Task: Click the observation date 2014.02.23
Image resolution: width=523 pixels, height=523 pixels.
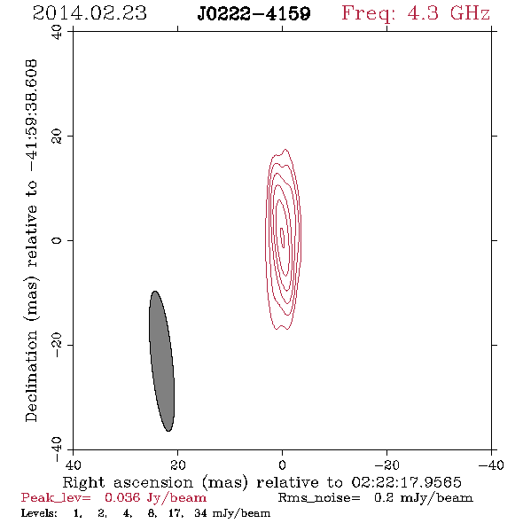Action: coord(90,13)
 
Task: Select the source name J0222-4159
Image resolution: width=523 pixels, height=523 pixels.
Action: coord(254,13)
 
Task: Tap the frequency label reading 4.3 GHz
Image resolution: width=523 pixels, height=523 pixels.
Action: coord(449,13)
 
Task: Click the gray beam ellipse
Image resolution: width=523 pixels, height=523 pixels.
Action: coord(161,361)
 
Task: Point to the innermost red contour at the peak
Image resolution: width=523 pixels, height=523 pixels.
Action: coord(283,238)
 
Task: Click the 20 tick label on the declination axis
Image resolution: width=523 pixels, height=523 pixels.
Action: coord(57,137)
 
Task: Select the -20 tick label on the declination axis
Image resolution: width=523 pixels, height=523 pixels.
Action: coord(57,345)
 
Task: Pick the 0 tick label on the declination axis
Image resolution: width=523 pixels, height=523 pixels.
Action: coord(57,240)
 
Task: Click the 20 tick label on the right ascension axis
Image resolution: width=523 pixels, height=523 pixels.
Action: coord(178,464)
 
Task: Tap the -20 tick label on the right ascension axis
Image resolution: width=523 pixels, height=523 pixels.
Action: coord(386,464)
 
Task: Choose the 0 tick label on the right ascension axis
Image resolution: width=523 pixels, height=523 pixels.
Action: coord(283,464)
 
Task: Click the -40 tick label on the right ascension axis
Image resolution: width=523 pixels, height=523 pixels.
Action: coord(491,464)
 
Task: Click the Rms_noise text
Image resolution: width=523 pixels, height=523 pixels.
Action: coord(319,498)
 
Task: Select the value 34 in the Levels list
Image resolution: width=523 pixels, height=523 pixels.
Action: coord(201,512)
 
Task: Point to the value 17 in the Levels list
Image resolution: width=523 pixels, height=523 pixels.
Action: coord(176,512)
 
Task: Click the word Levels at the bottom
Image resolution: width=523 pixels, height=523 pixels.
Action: coord(39,512)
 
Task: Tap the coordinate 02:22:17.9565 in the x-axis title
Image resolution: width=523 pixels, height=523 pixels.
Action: coord(406,482)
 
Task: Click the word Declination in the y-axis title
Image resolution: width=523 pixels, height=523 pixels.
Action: coord(31,376)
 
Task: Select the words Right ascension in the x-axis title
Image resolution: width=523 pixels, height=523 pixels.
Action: coord(128,482)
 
